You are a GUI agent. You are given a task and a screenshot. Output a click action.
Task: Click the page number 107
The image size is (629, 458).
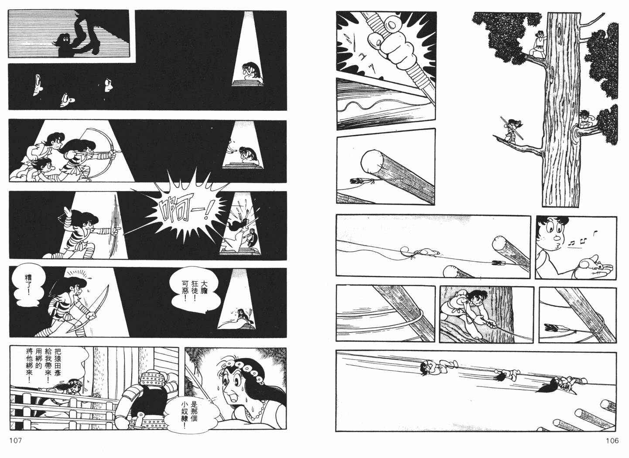pos(16,441)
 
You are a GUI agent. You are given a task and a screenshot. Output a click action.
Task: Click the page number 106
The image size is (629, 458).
pos(612,441)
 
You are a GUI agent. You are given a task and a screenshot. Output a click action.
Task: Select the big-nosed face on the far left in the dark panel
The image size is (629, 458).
pos(38,84)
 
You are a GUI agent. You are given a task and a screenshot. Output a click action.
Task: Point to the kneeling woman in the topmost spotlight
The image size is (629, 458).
pos(250,73)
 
